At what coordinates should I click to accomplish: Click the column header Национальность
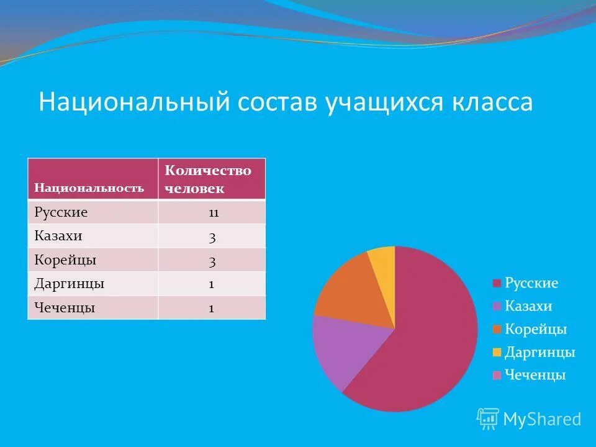click(x=89, y=187)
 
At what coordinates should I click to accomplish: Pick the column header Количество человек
click(x=208, y=179)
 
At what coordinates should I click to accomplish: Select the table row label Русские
click(x=61, y=212)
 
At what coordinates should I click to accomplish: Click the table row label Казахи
click(x=58, y=236)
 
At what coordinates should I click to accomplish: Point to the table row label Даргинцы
click(x=69, y=284)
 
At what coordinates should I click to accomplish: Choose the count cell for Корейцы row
click(x=212, y=261)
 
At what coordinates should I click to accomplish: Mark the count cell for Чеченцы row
click(x=212, y=308)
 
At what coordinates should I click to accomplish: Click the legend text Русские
click(x=531, y=283)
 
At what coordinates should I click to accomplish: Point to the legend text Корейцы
click(x=535, y=329)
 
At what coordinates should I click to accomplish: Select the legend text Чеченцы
click(x=535, y=375)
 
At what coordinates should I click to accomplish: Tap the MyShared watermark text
click(x=541, y=419)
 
